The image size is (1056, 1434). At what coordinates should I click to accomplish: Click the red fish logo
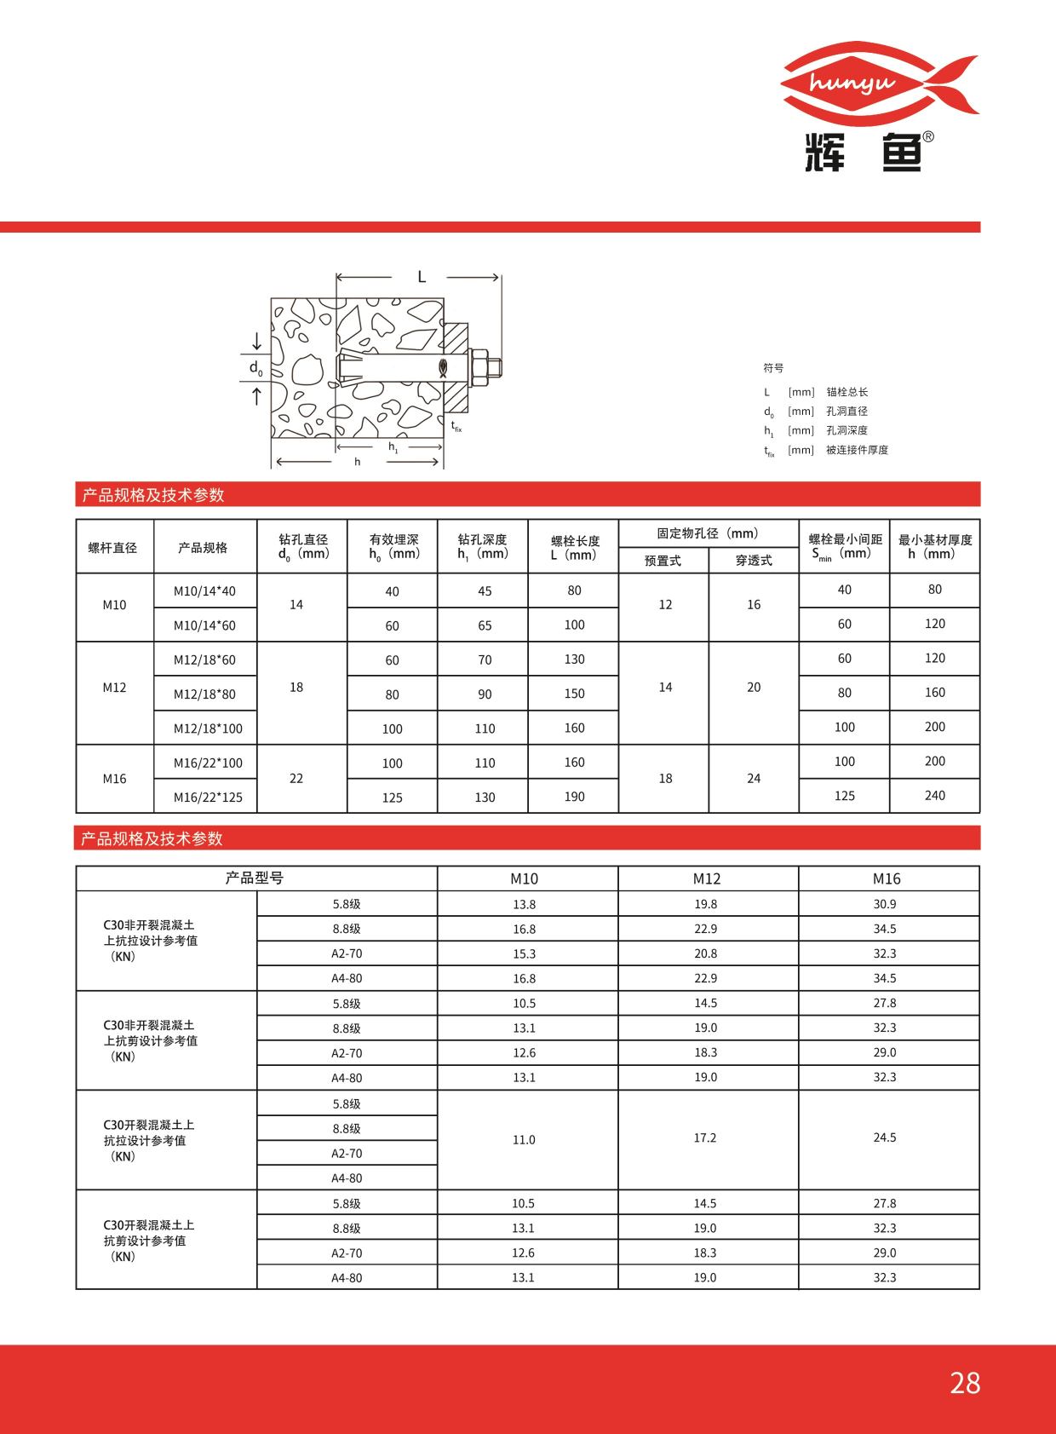click(x=879, y=82)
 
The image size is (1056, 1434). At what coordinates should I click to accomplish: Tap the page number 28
click(x=965, y=1383)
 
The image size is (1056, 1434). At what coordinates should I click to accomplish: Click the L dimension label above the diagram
click(x=421, y=277)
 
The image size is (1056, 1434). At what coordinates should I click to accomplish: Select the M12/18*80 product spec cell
click(x=204, y=694)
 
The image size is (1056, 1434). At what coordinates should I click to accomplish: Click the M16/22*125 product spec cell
click(x=208, y=798)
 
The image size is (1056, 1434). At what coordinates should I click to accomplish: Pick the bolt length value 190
click(x=574, y=797)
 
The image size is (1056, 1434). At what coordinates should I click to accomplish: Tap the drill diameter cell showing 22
click(x=296, y=778)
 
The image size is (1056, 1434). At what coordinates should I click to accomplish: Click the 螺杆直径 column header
click(x=113, y=547)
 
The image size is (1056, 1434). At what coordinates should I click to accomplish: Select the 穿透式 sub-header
click(x=754, y=561)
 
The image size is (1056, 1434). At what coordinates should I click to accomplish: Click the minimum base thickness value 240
click(x=934, y=795)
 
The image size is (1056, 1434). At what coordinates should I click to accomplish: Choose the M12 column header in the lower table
click(x=706, y=878)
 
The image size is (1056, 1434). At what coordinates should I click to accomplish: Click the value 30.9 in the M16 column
click(x=884, y=904)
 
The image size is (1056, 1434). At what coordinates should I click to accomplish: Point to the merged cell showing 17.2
click(x=705, y=1138)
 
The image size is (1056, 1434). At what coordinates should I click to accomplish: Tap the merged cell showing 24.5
click(x=884, y=1137)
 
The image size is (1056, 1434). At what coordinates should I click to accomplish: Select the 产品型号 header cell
click(x=255, y=878)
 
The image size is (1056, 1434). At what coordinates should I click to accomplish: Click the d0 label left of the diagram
click(x=255, y=368)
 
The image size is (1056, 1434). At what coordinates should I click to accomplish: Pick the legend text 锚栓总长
click(x=847, y=392)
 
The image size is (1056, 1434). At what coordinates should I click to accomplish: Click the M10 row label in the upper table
click(x=114, y=605)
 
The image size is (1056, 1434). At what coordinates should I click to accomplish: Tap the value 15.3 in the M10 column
click(x=524, y=953)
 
